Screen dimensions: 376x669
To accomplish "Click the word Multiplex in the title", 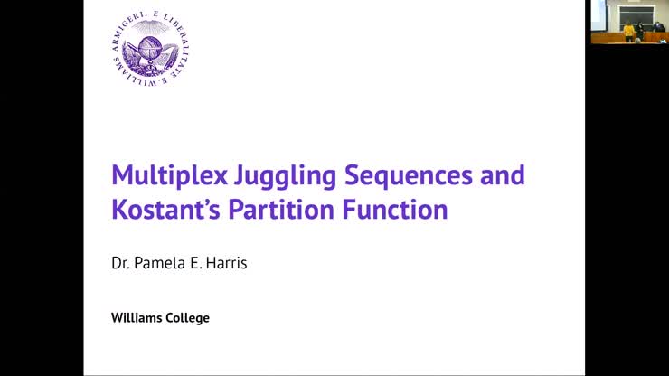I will click(x=164, y=174).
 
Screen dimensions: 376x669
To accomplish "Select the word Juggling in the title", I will click(x=271, y=174).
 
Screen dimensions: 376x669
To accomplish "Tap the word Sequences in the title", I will click(x=394, y=174).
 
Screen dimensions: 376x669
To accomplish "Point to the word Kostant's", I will click(x=165, y=210).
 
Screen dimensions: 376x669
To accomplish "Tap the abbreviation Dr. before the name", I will click(x=121, y=268).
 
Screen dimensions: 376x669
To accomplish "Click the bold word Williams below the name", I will click(x=137, y=318).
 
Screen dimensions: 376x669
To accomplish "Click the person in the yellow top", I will click(x=628, y=32).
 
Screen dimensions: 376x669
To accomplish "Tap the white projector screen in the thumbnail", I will click(x=598, y=14).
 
